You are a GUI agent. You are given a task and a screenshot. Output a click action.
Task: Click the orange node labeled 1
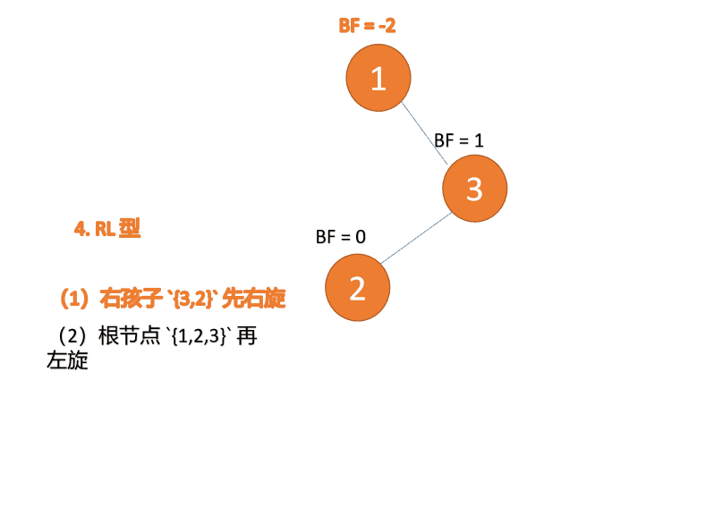pos(378,79)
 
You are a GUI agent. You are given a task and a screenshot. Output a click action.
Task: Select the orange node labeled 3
pos(475,189)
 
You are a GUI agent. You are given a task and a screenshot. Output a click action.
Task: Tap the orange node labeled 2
pos(357,288)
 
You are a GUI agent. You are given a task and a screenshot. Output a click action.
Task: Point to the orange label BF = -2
pos(367,25)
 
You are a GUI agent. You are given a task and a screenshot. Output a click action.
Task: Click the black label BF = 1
pos(459,140)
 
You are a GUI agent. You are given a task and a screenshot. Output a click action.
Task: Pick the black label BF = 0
pos(341,237)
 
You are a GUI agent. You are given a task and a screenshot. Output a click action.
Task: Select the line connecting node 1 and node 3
pos(425,133)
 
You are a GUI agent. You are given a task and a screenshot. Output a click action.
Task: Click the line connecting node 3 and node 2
pos(414,239)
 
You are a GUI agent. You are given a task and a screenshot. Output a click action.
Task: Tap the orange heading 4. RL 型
pos(107,229)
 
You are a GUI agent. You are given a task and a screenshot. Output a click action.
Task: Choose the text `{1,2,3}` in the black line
pos(198,338)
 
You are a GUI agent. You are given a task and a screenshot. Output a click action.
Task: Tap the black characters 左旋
pos(67,362)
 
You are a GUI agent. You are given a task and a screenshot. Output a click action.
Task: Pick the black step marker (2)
pos(70,337)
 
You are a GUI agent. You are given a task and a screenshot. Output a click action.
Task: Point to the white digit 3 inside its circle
pos(475,189)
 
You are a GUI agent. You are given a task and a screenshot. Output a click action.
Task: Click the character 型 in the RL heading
pos(130,229)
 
